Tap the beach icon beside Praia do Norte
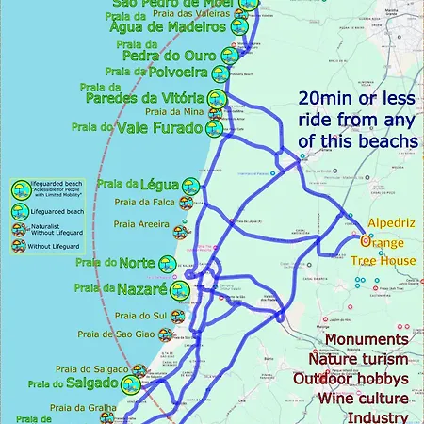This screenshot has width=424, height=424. [168, 264]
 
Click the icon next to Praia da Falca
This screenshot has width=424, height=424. [187, 202]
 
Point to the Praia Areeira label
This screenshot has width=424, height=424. [141, 224]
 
